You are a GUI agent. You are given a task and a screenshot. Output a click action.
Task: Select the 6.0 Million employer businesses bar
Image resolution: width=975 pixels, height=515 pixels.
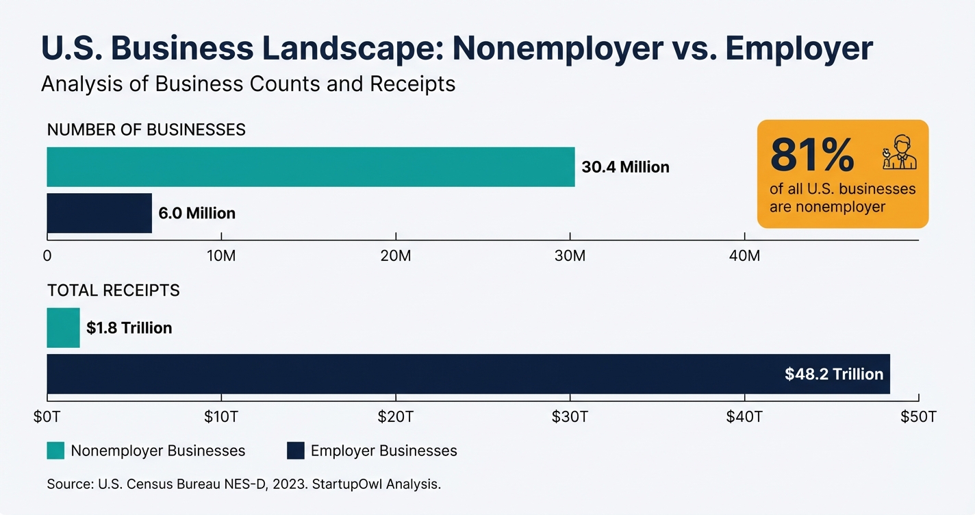(x=99, y=213)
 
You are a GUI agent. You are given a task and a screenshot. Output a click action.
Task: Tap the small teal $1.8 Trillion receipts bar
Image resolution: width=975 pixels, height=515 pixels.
(x=63, y=328)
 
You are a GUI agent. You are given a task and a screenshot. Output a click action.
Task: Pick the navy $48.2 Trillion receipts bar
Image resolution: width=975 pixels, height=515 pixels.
(x=411, y=374)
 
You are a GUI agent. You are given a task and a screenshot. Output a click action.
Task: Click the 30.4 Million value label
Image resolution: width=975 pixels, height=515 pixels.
(x=625, y=167)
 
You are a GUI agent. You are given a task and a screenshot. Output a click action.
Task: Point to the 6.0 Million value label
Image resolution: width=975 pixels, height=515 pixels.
(x=197, y=214)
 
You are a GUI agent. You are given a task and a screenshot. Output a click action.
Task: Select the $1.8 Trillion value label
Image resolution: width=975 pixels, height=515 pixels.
(x=129, y=328)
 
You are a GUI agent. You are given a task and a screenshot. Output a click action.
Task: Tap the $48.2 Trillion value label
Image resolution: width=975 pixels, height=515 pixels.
(x=834, y=375)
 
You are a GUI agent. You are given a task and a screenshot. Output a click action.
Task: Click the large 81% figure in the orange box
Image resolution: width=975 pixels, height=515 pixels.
(x=812, y=155)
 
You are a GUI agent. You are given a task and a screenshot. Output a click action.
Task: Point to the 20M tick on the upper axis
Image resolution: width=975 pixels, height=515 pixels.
(x=396, y=256)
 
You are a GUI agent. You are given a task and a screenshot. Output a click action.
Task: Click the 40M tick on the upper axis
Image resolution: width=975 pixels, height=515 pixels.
(x=744, y=256)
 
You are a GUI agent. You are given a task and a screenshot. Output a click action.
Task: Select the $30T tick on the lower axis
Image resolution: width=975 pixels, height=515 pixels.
(x=570, y=416)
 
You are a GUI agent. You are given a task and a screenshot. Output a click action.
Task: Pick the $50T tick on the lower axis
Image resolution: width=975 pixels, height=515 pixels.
(x=918, y=416)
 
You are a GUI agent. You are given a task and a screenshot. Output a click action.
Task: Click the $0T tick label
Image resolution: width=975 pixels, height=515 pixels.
(x=47, y=416)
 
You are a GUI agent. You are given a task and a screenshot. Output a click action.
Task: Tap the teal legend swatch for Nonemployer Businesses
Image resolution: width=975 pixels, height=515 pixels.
(x=55, y=451)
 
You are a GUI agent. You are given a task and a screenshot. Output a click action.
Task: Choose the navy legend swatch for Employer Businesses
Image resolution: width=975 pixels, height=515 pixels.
(x=295, y=451)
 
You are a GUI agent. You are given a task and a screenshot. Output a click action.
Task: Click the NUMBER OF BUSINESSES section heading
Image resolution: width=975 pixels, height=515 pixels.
(x=146, y=130)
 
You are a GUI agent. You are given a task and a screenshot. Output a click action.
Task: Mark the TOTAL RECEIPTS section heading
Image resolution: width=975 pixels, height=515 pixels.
(x=113, y=290)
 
